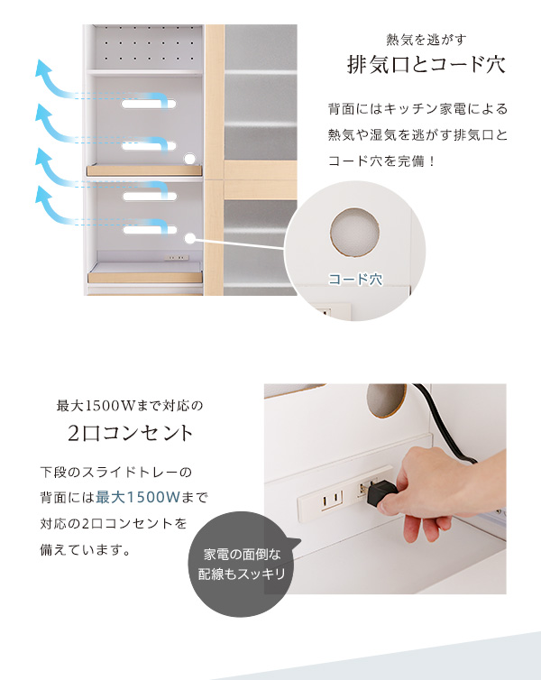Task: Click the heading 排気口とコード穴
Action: (426, 65)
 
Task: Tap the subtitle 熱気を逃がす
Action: (426, 41)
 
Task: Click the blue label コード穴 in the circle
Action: (355, 279)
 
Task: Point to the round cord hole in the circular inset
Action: (354, 233)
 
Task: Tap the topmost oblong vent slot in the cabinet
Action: (149, 104)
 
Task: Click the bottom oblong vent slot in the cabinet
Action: (150, 229)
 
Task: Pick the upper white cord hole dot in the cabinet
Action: (189, 159)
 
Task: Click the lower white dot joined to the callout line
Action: (189, 238)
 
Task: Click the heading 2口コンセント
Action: (130, 433)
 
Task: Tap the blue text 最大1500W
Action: (138, 497)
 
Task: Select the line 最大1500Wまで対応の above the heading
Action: (130, 406)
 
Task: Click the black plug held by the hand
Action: (381, 493)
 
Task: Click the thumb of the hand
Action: (394, 504)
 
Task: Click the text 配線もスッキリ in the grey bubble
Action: (242, 574)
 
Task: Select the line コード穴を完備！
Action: (381, 161)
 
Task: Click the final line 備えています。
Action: (85, 550)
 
